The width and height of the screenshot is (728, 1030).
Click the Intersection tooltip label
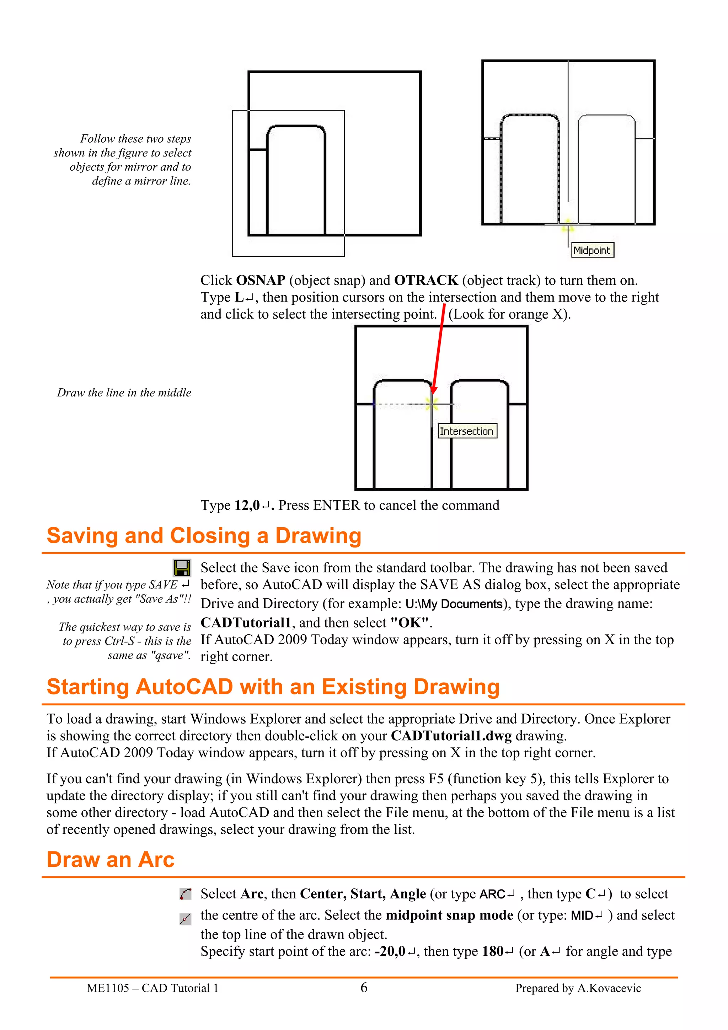tap(467, 431)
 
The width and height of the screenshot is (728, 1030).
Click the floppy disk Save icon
tap(182, 567)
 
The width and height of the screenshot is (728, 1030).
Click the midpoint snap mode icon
tap(185, 919)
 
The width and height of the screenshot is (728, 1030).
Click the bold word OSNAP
tap(261, 281)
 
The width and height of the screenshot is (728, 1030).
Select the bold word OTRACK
tap(426, 281)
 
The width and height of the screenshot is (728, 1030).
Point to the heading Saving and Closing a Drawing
tap(204, 536)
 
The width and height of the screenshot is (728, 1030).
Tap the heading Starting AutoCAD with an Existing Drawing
tap(273, 687)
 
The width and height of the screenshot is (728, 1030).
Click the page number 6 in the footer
tap(364, 987)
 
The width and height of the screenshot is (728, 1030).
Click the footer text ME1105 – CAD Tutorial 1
tap(152, 988)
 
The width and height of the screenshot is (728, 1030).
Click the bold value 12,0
tap(247, 506)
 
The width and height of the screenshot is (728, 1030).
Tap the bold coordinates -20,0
tap(390, 951)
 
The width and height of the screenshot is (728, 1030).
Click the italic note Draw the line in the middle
tap(124, 393)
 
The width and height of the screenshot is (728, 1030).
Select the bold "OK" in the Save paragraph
tap(410, 623)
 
